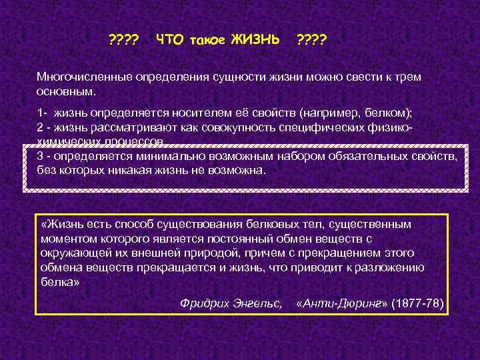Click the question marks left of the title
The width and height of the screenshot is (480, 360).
click(x=123, y=41)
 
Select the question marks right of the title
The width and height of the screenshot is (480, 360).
click(x=311, y=41)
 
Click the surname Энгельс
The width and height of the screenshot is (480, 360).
click(x=259, y=303)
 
